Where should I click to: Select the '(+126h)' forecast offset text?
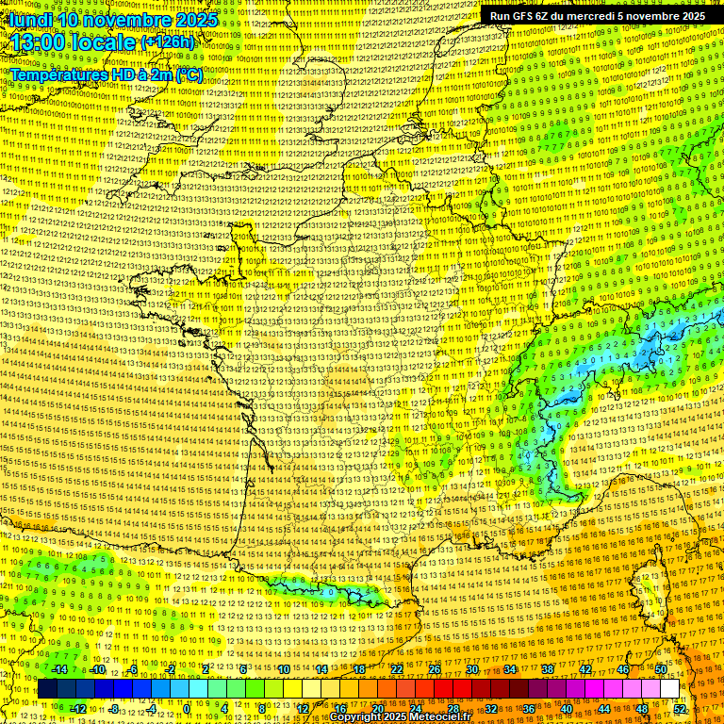coord(168,42)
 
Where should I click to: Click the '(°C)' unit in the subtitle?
coord(189,74)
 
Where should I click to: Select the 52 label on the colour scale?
coord(680,709)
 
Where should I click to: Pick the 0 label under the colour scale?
coord(187,709)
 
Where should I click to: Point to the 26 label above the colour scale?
coord(435,669)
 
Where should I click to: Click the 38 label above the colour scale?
coord(548,669)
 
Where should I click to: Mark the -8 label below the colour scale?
coord(113,709)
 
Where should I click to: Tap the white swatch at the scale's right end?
coord(669,689)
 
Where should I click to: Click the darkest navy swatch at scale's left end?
coord(47,689)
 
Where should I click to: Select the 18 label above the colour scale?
coord(359,669)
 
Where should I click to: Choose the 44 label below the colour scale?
coord(604,709)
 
